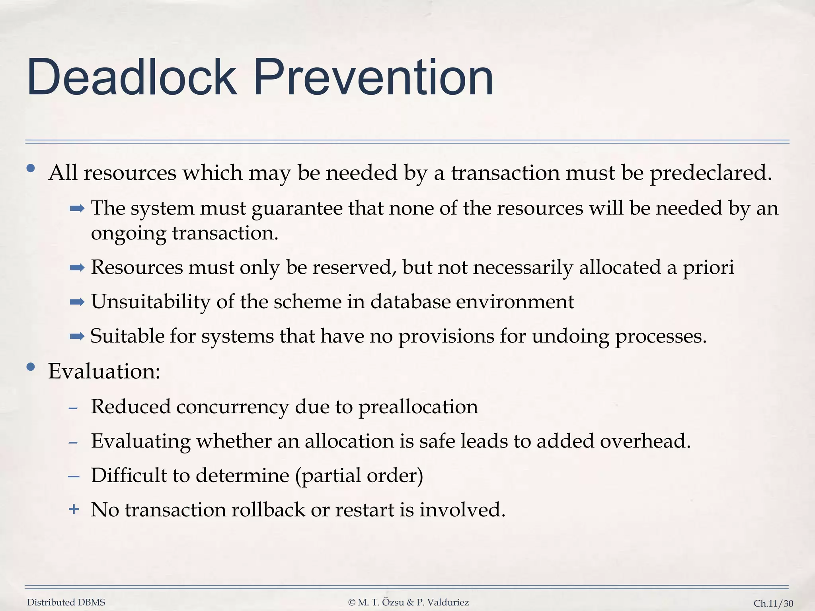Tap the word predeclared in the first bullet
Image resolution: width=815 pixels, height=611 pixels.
tap(711, 173)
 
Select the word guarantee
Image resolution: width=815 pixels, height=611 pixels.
tap(297, 208)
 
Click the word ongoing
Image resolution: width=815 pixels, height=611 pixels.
tap(128, 234)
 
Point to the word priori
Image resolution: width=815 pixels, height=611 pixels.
tap(708, 267)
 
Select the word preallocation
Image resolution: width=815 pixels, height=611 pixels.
tap(418, 407)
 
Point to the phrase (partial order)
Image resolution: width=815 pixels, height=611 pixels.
tap(359, 475)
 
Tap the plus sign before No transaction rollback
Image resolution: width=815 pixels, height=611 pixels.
tap(74, 509)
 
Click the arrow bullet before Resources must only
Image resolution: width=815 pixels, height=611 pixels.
tap(77, 268)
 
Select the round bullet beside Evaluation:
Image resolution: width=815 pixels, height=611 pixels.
tap(31, 367)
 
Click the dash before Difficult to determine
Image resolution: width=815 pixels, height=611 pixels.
tap(74, 476)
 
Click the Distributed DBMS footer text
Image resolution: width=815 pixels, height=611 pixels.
tap(66, 602)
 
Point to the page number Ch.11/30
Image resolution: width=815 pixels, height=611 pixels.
tap(773, 603)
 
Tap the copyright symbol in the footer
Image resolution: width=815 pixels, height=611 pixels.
tap(351, 602)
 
